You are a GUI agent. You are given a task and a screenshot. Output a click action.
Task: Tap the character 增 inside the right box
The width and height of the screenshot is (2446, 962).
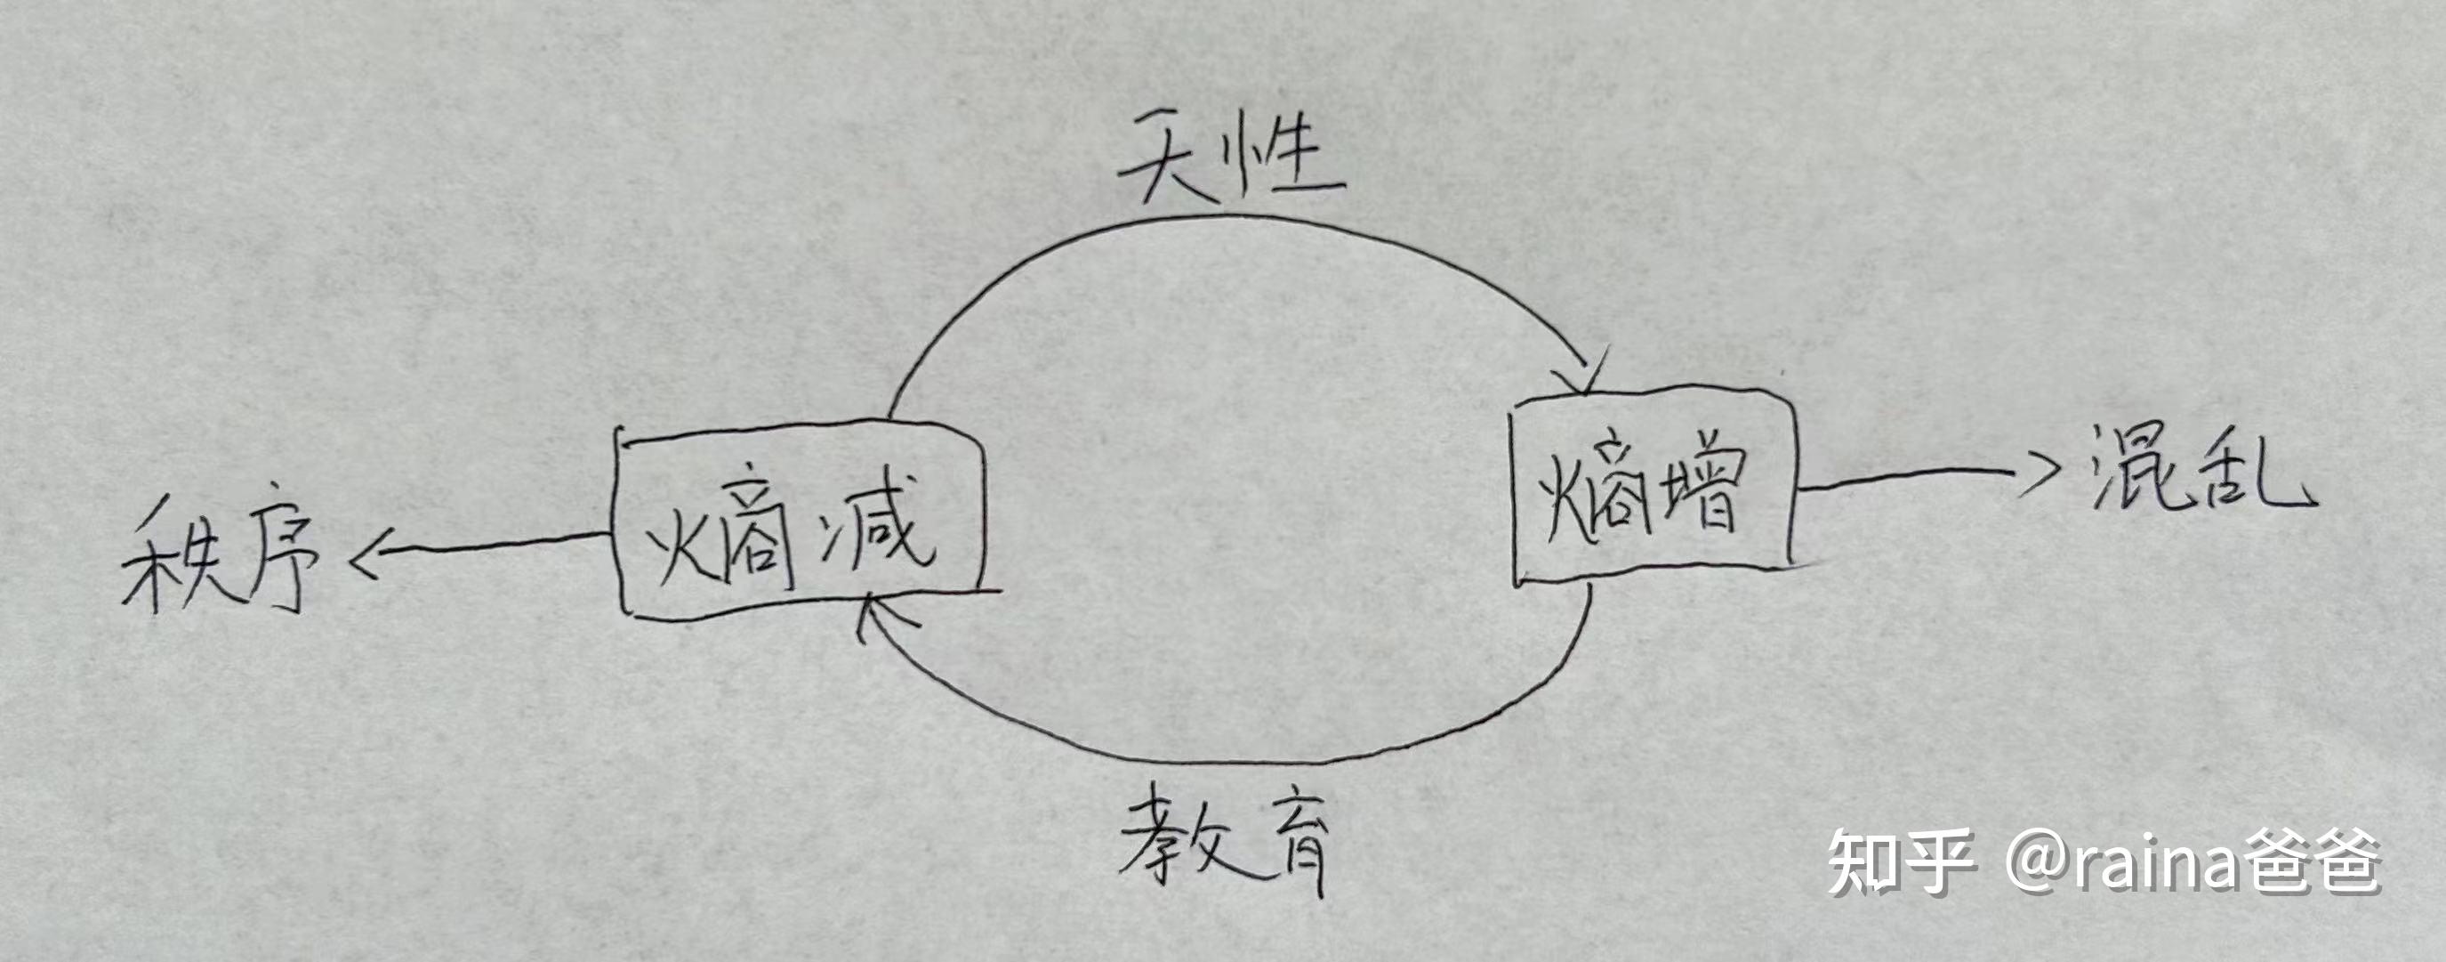click(1700, 489)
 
